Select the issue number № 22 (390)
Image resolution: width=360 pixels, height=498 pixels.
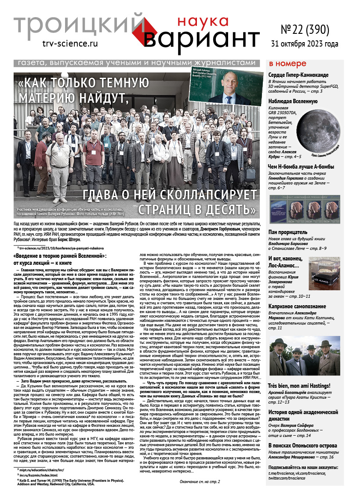[x=304, y=29]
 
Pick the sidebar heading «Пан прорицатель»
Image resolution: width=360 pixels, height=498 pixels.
[x=288, y=231]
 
